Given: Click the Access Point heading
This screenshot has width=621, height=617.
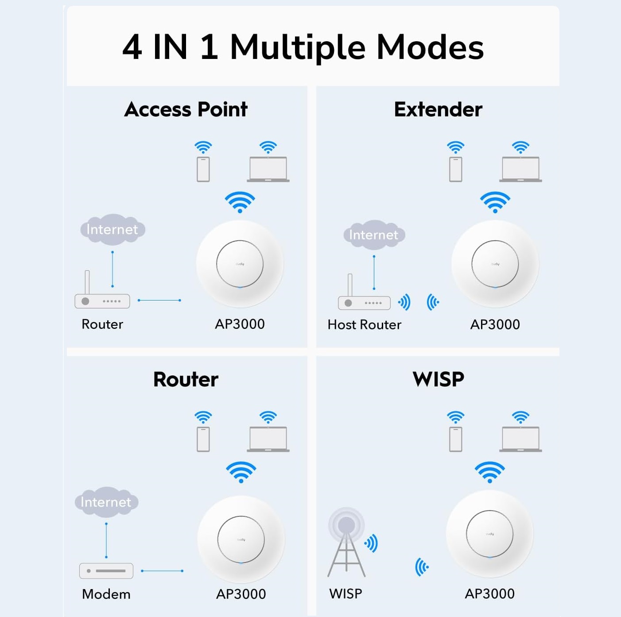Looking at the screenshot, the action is coord(186,109).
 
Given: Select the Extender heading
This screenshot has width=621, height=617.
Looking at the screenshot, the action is coord(438,109).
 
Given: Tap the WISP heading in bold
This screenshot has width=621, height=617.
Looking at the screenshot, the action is coord(438,379).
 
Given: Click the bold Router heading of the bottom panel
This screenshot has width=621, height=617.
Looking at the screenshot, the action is coord(186,379).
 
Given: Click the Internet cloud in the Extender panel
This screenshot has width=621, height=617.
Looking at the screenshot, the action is coord(374,235).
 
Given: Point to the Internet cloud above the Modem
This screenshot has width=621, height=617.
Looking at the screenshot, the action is coord(106,502).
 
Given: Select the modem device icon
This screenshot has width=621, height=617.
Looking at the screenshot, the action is coord(106,571).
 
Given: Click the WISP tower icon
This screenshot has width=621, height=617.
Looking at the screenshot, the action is coord(346,542).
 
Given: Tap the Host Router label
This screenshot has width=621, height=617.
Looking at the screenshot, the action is coord(365,324).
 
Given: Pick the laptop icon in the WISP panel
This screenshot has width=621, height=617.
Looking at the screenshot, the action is coord(520,439).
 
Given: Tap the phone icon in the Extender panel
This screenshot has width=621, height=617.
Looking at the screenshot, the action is coord(456,169).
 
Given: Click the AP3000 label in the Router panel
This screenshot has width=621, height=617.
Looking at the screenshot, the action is coord(241,594).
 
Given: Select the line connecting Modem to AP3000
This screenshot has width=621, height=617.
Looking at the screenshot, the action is coord(162,571).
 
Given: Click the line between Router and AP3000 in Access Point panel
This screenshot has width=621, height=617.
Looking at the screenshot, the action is coord(159,300).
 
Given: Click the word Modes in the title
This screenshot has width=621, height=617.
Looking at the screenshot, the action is coord(430,48).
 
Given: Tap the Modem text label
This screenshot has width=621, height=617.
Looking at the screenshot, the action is coord(106,594).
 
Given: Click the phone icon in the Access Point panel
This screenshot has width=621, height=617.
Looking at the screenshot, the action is coord(203,169).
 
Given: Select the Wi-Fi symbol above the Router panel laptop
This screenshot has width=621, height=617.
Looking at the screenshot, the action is coord(268,418).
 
